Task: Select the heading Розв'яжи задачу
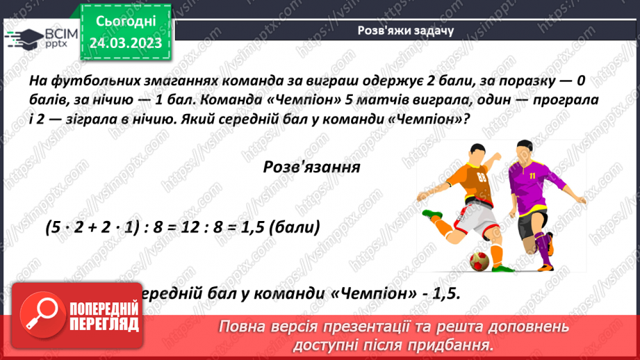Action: click(406, 30)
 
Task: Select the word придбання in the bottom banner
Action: click(455, 345)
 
